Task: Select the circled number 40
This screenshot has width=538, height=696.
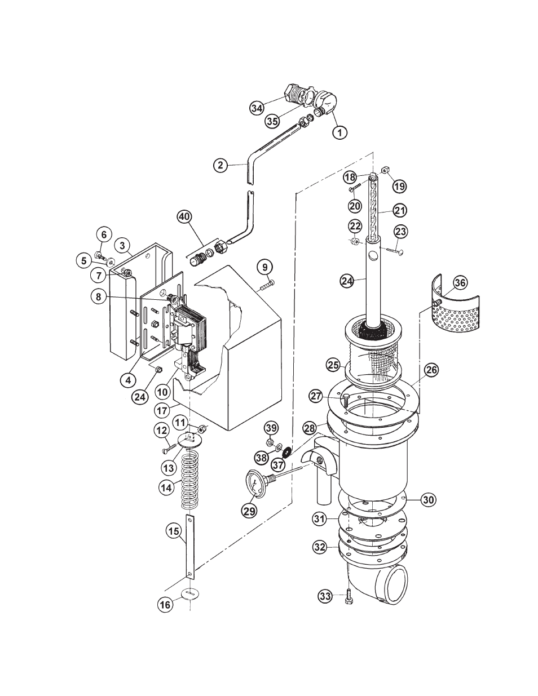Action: (x=184, y=217)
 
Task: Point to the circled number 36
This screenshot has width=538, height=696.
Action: (x=460, y=283)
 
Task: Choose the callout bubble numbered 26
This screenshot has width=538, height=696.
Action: (x=431, y=370)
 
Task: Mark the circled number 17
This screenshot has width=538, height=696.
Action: (x=162, y=410)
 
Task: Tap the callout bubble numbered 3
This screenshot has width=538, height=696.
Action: (x=122, y=246)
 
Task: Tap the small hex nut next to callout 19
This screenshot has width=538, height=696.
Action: (x=386, y=170)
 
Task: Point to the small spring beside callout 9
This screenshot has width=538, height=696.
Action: (x=267, y=285)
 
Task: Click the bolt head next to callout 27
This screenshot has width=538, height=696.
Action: (x=345, y=398)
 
